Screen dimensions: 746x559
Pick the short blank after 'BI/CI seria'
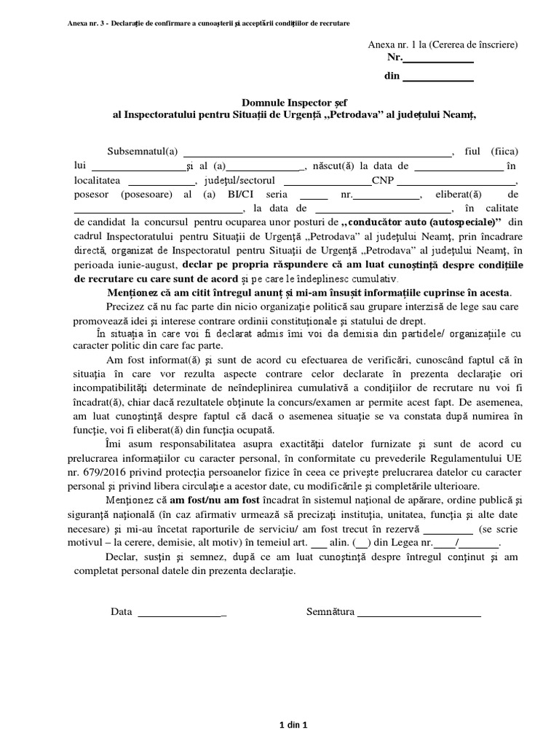click(x=314, y=197)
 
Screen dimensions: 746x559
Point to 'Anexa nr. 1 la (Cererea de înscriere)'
click(x=443, y=44)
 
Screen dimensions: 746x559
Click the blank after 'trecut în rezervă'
click(x=448, y=529)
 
